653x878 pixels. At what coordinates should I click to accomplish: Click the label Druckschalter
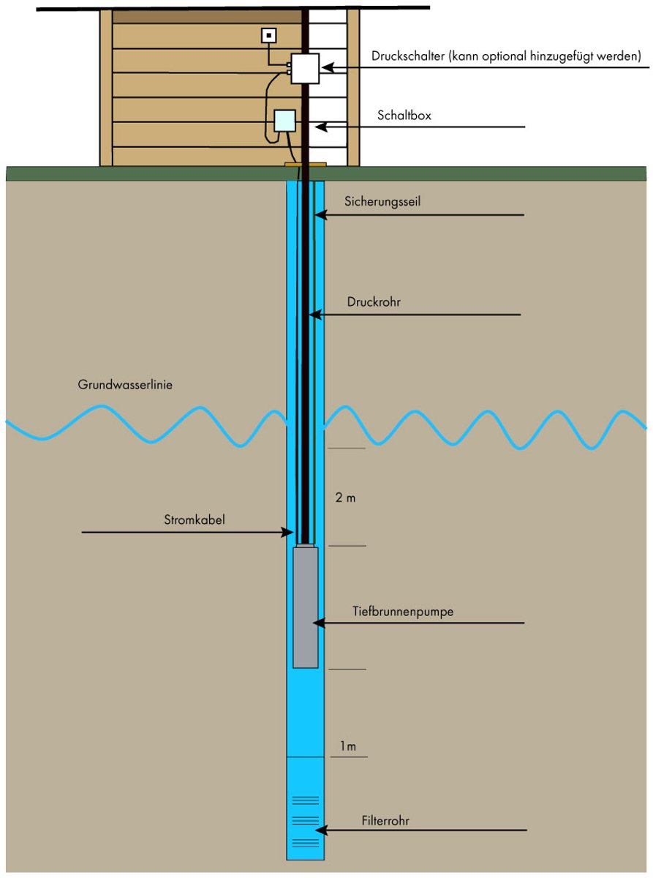(x=407, y=56)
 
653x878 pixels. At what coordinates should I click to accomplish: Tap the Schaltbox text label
(x=404, y=116)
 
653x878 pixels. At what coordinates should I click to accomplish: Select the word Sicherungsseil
(x=382, y=201)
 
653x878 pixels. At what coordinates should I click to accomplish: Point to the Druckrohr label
(x=374, y=302)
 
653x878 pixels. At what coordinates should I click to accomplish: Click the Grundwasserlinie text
(x=125, y=385)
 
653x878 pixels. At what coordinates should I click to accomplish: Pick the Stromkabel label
(x=195, y=519)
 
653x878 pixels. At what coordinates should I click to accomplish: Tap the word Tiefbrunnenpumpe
(x=403, y=612)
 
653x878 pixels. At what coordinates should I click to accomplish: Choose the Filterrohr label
(x=385, y=821)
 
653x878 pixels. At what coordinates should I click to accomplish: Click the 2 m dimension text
(x=345, y=498)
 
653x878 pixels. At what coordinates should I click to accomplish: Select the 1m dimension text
(x=348, y=746)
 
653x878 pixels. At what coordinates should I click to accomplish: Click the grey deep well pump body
(x=305, y=607)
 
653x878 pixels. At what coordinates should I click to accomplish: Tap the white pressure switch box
(x=305, y=69)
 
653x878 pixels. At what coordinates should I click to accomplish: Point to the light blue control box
(x=285, y=121)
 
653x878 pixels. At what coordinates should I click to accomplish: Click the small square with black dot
(x=268, y=36)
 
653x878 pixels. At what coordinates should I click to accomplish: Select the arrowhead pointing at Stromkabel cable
(x=287, y=532)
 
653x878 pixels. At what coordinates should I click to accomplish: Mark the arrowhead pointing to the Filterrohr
(x=321, y=830)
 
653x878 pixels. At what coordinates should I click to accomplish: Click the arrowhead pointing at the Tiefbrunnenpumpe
(x=319, y=623)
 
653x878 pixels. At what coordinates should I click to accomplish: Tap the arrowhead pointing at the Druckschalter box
(x=328, y=68)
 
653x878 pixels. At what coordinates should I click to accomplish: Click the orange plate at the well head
(x=306, y=164)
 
